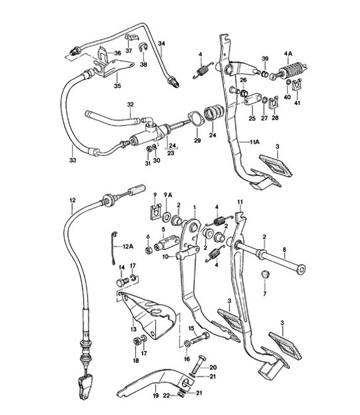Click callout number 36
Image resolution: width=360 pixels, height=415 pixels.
117,54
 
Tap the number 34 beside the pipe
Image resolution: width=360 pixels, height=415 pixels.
162,44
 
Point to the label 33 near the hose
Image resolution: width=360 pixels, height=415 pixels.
72,159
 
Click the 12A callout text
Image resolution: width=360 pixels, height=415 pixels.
127,246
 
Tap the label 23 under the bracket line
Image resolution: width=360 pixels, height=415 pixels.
170,153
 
